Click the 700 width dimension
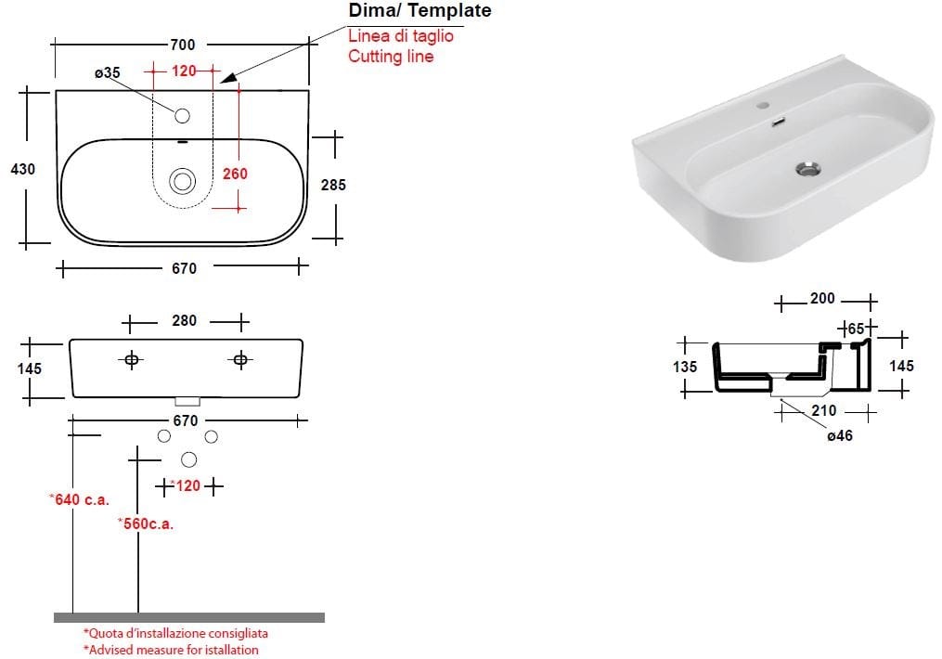183,45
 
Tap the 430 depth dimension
23,170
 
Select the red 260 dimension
235,174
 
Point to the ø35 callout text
108,72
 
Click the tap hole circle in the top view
182,116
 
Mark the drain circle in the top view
182,181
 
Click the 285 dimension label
333,185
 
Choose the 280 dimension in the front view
185,321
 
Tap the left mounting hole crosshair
132,360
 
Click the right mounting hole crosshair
241,360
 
